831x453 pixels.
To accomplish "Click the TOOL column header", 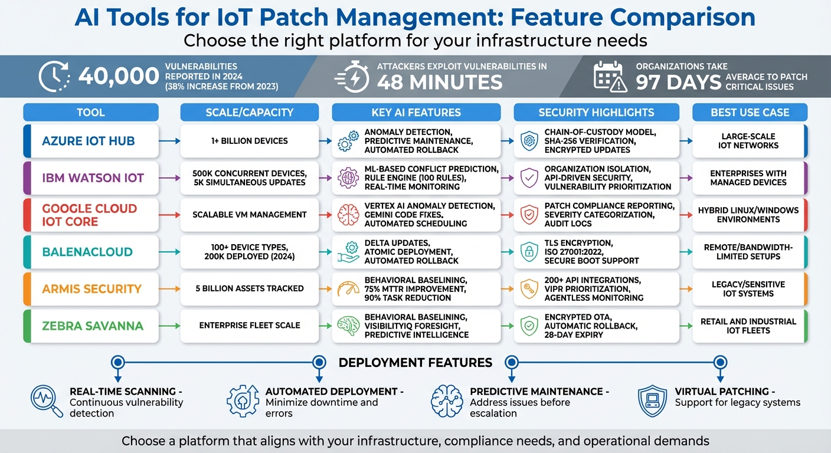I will pyautogui.click(x=90, y=112).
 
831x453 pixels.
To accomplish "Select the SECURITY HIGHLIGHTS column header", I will pyautogui.click(x=596, y=112).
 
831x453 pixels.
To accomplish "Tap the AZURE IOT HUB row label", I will pyautogui.click(x=89, y=141).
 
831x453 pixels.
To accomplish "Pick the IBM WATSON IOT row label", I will pyautogui.click(x=93, y=178).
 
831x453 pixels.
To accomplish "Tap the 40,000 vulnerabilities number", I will pyautogui.click(x=119, y=77).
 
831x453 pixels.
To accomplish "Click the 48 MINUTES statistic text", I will pyautogui.click(x=440, y=82).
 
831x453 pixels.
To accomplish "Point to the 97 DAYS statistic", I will pyautogui.click(x=678, y=83).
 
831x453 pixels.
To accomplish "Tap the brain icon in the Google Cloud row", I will pyautogui.click(x=348, y=215).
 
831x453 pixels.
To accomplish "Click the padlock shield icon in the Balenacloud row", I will pyautogui.click(x=529, y=252).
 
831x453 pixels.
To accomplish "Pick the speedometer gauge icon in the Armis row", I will pyautogui.click(x=348, y=289).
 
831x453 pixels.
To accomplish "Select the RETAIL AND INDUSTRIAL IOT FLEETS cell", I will pyautogui.click(x=748, y=326).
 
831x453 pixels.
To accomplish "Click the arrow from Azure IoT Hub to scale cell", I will pyautogui.click(x=169, y=141).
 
